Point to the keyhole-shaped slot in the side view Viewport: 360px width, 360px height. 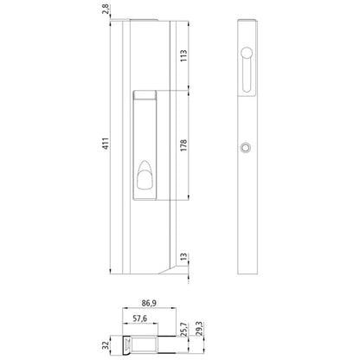(248, 70)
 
